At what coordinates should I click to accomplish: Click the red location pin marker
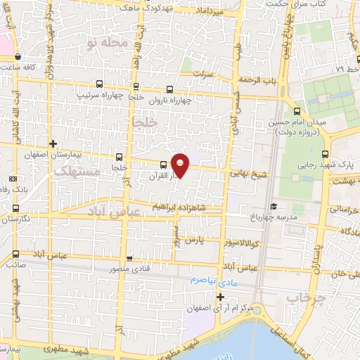[181, 165]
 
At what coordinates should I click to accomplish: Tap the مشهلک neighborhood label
[73, 171]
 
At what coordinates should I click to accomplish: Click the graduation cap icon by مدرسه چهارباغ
[274, 207]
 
